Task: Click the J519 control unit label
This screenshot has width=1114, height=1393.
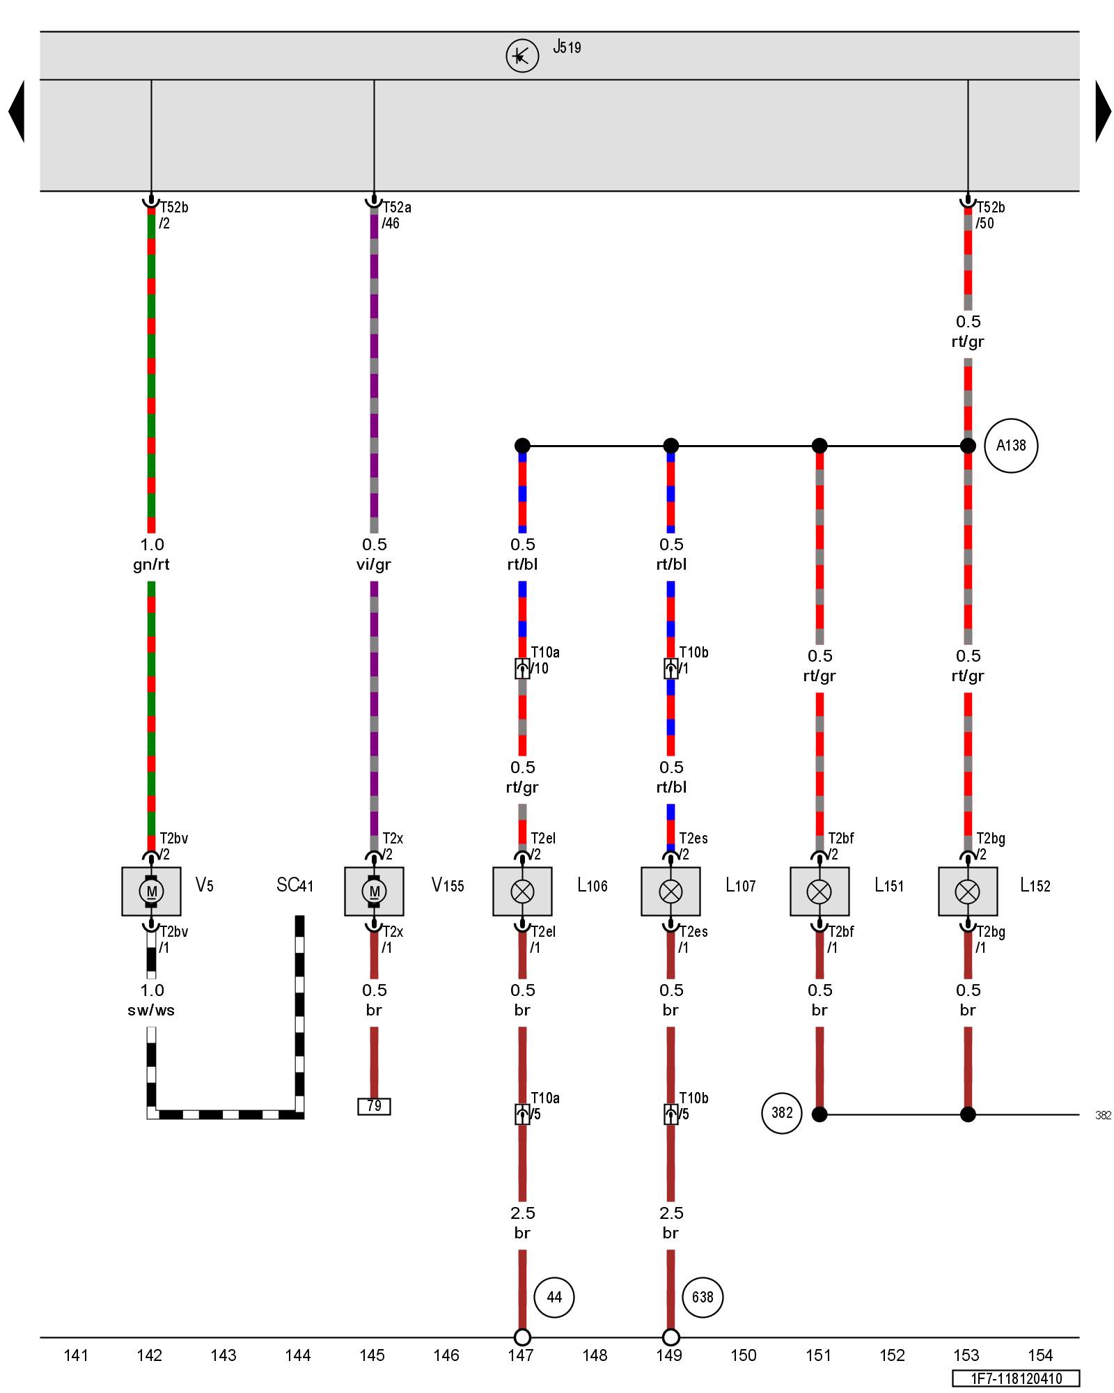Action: tap(567, 47)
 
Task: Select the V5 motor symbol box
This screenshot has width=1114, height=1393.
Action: tap(151, 891)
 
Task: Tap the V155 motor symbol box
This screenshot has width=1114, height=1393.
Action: tap(374, 891)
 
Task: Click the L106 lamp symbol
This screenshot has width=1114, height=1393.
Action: tap(522, 891)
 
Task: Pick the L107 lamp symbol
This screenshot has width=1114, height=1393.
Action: tap(670, 891)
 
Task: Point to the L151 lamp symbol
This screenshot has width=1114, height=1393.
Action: tap(819, 891)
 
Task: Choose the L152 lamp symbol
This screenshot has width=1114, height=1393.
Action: tap(968, 891)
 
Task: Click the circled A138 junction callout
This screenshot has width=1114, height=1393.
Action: tap(1011, 446)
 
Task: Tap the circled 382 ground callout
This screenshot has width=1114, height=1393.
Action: tap(782, 1113)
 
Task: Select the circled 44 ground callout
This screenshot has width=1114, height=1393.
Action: tap(554, 1297)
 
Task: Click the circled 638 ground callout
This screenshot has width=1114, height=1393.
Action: tap(703, 1297)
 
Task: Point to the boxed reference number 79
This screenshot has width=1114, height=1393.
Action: tap(374, 1106)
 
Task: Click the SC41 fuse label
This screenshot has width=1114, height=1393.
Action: tap(295, 885)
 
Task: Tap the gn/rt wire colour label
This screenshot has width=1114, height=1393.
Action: tap(151, 564)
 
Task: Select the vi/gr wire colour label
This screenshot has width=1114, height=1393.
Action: tap(374, 564)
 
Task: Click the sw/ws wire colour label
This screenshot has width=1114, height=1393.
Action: tap(151, 1010)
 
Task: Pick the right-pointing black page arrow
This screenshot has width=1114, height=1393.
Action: tap(1103, 111)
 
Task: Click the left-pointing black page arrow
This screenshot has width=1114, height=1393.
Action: tap(17, 111)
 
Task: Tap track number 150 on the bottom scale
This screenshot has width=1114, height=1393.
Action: tap(744, 1355)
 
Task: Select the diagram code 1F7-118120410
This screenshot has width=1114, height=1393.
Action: tap(1017, 1378)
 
